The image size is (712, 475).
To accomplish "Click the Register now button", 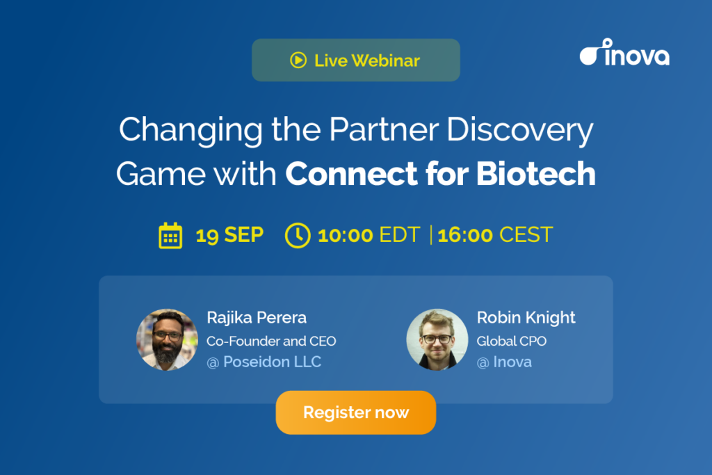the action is [355, 412].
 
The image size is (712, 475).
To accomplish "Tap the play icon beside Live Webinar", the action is [298, 60].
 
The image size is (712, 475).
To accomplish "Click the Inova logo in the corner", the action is [624, 52].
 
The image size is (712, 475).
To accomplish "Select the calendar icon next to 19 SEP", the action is [170, 235].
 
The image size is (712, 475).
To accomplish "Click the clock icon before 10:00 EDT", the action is [298, 235].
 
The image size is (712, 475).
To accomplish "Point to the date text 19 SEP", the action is [229, 235].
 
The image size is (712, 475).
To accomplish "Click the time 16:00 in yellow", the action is [465, 235].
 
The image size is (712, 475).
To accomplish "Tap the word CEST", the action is [526, 235].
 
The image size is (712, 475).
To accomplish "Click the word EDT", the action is [400, 235].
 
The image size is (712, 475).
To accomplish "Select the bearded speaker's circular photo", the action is [167, 339].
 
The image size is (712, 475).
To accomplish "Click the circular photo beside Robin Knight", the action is [437, 339].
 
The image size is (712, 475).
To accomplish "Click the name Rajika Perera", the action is [257, 318].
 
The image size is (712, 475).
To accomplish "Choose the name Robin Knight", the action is [526, 318].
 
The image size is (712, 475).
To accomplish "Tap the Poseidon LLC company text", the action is [272, 362].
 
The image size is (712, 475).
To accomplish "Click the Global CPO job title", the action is [511, 341].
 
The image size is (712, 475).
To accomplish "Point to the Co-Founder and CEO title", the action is [271, 341].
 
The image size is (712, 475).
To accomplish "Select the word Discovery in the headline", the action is [520, 130].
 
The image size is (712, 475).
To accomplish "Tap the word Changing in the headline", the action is [191, 130].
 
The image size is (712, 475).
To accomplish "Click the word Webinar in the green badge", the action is [385, 61].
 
